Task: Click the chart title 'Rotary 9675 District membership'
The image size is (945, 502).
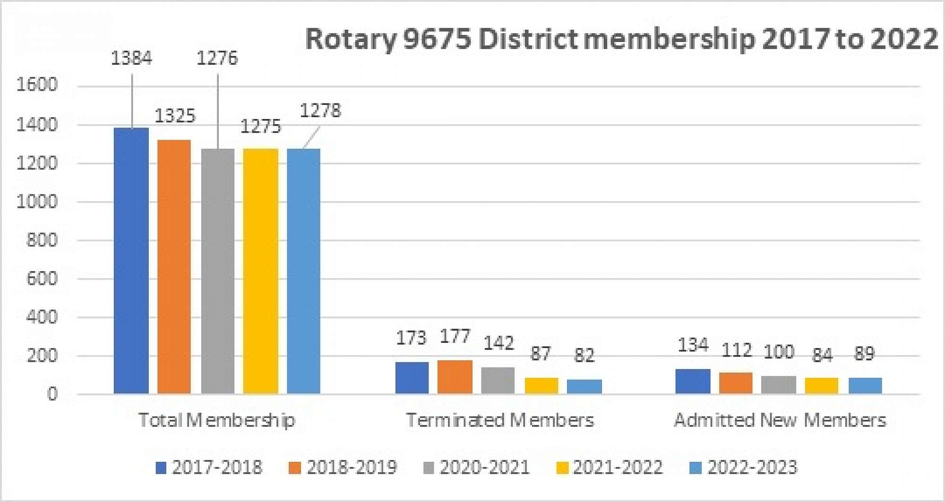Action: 621,39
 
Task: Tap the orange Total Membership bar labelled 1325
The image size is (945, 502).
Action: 174,267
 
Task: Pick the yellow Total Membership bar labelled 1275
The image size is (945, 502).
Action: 261,271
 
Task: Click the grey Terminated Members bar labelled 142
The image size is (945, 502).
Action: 498,381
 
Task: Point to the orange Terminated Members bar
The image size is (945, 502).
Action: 455,377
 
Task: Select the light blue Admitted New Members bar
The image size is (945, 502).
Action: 865,386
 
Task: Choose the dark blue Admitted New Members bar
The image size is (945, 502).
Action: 693,382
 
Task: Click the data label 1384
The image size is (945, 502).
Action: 131,59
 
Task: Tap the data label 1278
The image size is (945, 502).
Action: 320,111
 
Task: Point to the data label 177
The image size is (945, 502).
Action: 455,337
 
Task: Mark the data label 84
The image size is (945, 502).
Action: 822,355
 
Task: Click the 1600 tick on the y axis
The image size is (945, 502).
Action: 37,85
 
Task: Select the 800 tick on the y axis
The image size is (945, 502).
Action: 42,240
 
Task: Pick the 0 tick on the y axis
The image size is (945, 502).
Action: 52,394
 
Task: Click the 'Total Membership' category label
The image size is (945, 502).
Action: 217,420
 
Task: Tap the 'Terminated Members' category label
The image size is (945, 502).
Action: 500,420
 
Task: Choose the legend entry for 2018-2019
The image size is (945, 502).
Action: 343,468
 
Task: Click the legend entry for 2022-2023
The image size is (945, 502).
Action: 744,468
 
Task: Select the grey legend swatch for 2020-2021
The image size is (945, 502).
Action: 429,468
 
